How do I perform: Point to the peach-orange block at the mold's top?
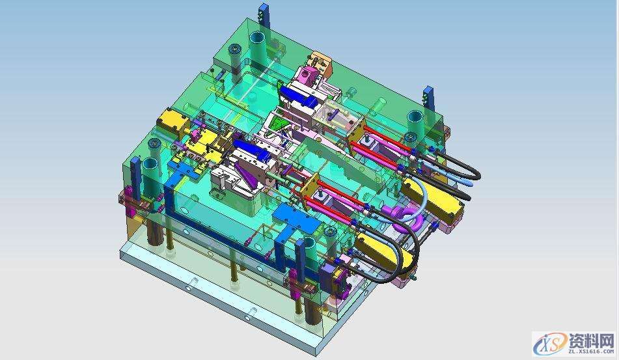tap(322, 64)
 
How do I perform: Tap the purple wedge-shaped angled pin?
tap(245, 173)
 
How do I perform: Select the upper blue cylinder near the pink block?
tap(304, 98)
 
